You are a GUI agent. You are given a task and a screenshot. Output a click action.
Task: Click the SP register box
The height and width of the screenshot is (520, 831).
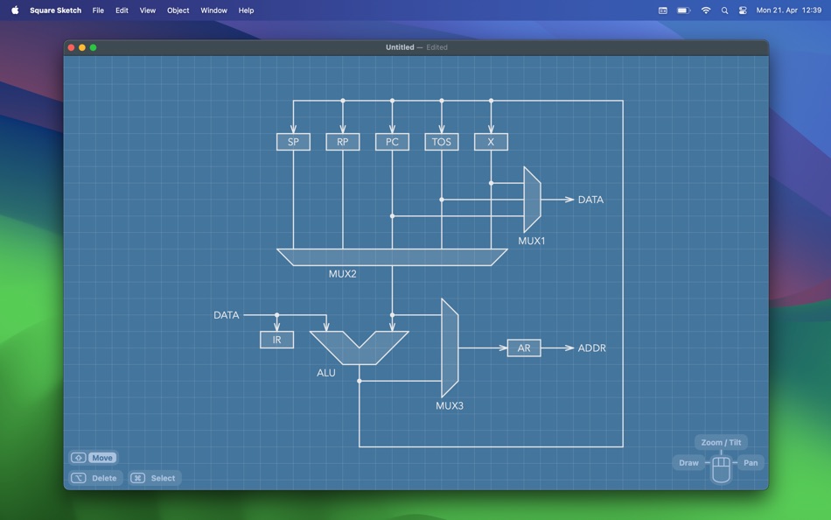point(293,142)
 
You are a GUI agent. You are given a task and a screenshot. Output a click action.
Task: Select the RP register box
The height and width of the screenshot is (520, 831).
point(343,142)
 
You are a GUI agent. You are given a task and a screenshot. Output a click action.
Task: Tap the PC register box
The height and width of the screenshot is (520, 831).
point(392,142)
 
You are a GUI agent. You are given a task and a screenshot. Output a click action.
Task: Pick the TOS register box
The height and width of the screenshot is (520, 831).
point(442,142)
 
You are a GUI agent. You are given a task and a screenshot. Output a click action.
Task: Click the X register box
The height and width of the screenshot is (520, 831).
point(491,142)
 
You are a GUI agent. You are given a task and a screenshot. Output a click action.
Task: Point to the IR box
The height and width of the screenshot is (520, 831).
point(276,340)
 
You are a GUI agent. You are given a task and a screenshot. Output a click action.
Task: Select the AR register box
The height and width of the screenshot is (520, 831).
point(524,348)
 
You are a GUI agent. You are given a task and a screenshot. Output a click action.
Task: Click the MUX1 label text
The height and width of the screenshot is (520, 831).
point(532,241)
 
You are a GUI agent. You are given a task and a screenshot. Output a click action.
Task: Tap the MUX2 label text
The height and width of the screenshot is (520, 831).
point(342,274)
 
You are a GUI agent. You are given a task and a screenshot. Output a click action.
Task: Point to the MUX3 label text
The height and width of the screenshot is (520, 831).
point(450,406)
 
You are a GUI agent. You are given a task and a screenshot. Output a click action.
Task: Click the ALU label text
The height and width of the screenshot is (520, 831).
point(326,373)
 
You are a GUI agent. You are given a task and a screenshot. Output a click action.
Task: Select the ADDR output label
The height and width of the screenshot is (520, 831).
point(592,348)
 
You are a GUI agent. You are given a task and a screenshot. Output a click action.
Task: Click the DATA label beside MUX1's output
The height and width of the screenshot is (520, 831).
point(590,200)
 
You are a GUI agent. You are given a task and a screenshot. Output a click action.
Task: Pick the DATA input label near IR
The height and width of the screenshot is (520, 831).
point(227,315)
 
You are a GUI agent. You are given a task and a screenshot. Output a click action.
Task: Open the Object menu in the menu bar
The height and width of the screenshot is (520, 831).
point(178,11)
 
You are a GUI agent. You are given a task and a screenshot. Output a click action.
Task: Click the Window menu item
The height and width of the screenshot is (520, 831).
point(213,11)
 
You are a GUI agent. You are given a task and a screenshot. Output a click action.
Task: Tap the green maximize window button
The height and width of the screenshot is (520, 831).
point(94,47)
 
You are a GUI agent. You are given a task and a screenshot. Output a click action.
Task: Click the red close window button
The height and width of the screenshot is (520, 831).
point(71,47)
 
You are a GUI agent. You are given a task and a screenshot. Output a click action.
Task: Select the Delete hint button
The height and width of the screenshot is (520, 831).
point(94,478)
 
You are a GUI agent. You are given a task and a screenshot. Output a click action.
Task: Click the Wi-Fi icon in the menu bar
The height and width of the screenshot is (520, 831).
point(706,11)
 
